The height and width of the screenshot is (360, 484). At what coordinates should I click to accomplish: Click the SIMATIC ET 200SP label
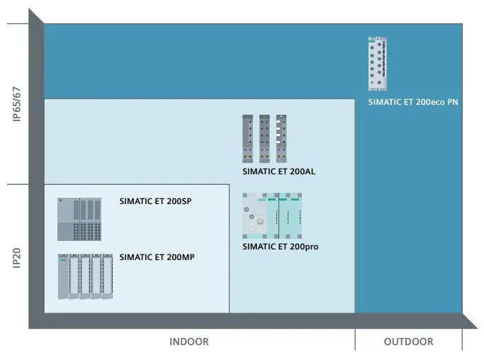(156, 201)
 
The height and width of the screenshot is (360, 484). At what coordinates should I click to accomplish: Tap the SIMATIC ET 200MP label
(157, 257)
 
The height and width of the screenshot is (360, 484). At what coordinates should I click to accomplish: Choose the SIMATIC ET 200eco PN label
(413, 102)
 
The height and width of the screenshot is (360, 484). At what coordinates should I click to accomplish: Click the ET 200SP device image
(79, 219)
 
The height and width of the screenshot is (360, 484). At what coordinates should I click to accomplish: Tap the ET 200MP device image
(85, 276)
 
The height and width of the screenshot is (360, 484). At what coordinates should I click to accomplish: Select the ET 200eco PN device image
(378, 64)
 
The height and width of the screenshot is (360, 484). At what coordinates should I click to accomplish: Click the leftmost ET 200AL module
(247, 140)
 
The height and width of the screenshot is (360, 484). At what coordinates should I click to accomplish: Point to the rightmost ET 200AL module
(282, 140)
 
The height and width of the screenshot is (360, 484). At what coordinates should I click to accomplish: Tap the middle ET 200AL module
(264, 140)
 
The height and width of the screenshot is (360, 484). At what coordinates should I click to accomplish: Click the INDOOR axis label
(189, 342)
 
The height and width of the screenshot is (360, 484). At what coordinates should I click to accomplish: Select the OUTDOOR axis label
(408, 342)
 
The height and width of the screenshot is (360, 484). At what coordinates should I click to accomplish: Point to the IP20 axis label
(17, 257)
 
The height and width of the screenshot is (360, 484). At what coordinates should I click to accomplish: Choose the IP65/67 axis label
(17, 104)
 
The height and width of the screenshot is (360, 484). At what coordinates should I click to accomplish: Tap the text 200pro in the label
(300, 247)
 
